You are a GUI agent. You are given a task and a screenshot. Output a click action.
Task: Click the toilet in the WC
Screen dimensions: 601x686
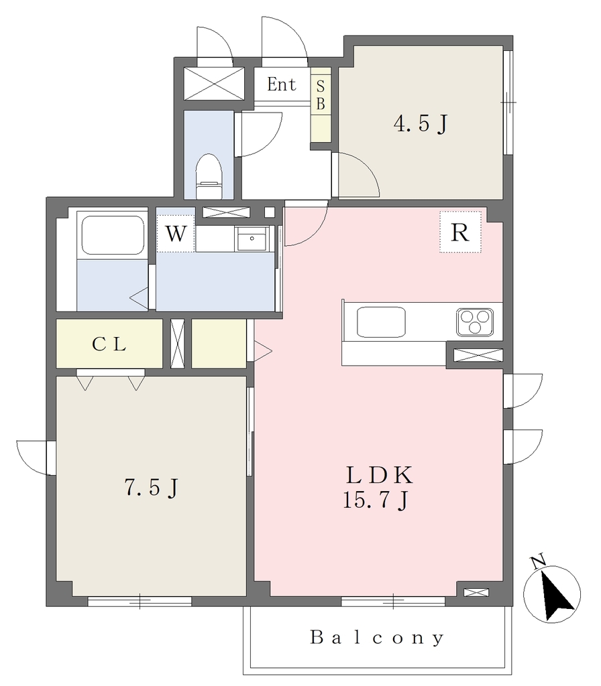coord(209,176)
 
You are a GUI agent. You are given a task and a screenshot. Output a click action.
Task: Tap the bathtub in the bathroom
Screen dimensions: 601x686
coord(113,235)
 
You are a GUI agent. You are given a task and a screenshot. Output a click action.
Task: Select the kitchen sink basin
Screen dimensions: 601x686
coord(381,322)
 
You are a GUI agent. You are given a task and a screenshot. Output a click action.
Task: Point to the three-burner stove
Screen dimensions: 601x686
coord(475,322)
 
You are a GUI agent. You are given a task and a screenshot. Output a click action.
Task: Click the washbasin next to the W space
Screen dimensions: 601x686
coord(252,238)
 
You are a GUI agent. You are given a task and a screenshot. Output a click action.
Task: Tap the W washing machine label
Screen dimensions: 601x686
coord(176,234)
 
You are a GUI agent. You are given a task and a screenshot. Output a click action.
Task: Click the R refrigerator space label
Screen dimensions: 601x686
coord(460,232)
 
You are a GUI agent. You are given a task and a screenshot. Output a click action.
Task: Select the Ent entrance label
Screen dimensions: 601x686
coord(281,84)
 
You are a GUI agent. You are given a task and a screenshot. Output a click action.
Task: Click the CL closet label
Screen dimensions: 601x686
coord(109,344)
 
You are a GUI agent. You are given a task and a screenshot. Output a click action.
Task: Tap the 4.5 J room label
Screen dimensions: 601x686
coord(421,123)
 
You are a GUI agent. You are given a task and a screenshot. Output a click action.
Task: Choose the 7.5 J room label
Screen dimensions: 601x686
coord(152,487)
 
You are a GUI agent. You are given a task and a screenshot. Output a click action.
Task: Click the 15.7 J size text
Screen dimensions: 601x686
coord(376,500)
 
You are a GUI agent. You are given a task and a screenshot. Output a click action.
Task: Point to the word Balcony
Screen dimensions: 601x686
coord(377,638)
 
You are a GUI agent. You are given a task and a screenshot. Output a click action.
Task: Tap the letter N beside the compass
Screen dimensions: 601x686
coord(537,561)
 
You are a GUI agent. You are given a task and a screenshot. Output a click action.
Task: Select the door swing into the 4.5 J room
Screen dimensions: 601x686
coord(356,175)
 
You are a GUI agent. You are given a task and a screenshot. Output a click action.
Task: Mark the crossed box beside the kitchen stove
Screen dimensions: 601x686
coord(478,355)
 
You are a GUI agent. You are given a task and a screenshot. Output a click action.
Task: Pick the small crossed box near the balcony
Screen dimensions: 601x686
coord(476,592)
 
